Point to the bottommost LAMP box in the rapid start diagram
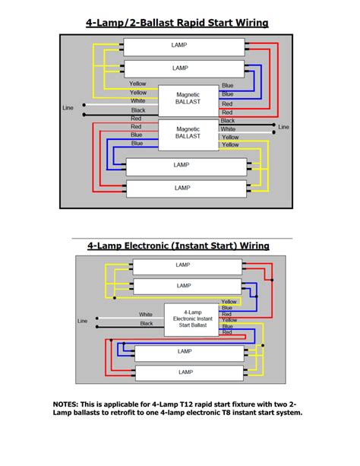[x=182, y=187]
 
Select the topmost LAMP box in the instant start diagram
[x=183, y=265]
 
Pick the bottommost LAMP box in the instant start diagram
[x=183, y=372]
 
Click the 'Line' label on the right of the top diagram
[x=283, y=126]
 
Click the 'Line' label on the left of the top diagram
[x=68, y=108]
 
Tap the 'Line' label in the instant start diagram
[x=83, y=321]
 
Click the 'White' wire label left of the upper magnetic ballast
[x=138, y=101]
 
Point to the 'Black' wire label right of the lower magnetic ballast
[x=228, y=120]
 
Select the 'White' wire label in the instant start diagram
[x=146, y=314]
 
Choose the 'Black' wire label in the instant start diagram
[x=146, y=323]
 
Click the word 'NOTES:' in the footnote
[x=70, y=404]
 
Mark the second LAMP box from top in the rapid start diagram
[x=180, y=68]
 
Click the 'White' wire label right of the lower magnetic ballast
[x=228, y=129]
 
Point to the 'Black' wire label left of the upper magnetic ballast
[x=138, y=110]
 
